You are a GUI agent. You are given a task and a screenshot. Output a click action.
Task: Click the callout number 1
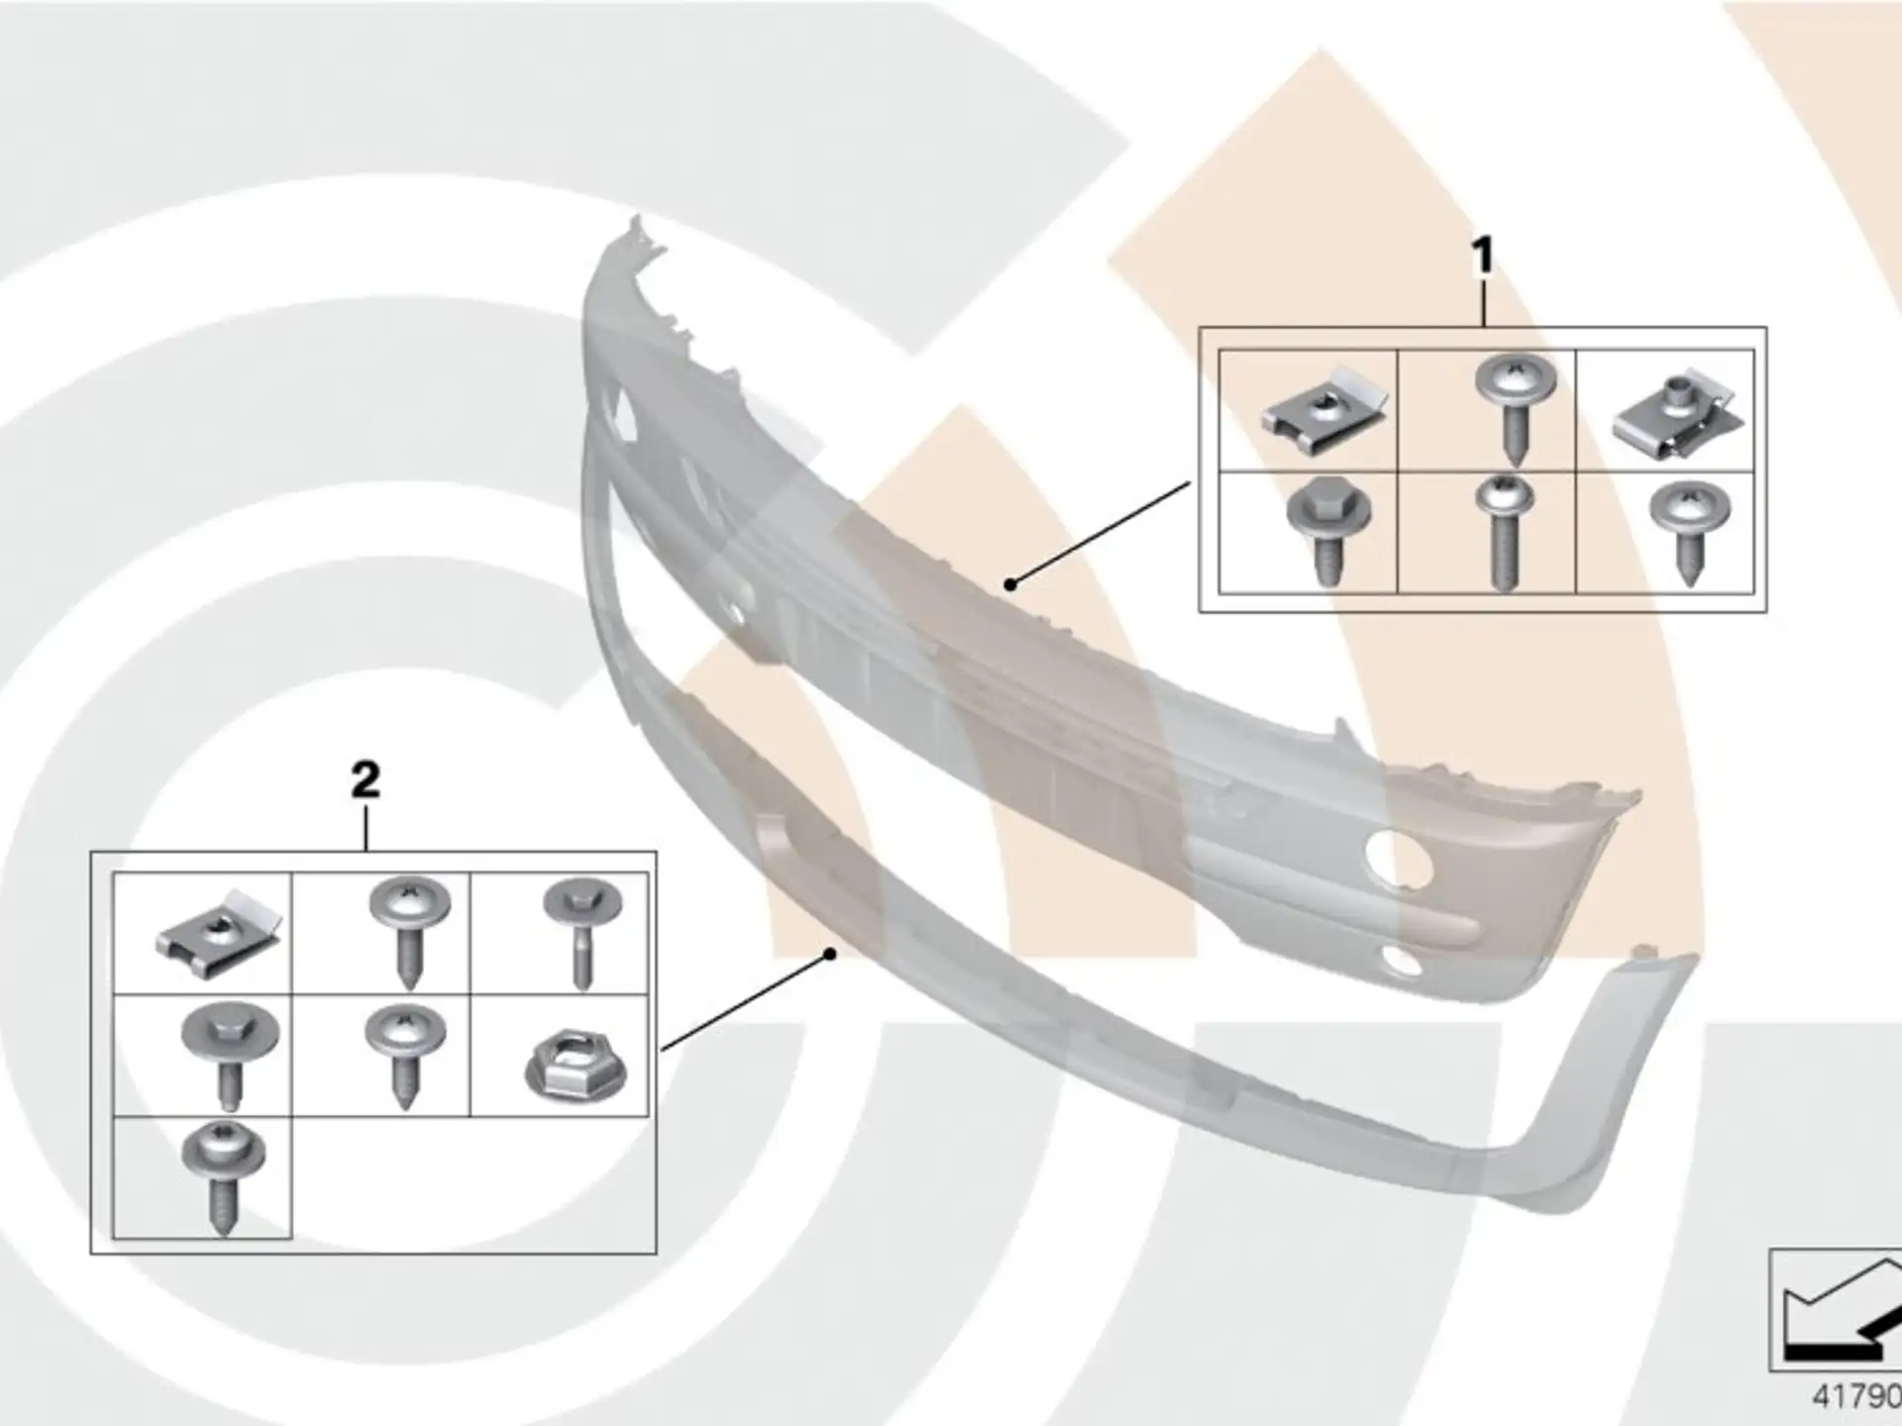(1482, 255)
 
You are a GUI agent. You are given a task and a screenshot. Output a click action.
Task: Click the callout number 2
(366, 780)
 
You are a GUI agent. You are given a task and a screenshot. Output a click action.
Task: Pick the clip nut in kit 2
(219, 934)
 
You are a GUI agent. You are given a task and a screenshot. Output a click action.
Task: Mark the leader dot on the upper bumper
(1009, 584)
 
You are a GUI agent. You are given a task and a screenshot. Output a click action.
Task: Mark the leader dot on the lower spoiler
(830, 954)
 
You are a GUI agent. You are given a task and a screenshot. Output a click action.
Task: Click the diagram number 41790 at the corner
(1856, 1396)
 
